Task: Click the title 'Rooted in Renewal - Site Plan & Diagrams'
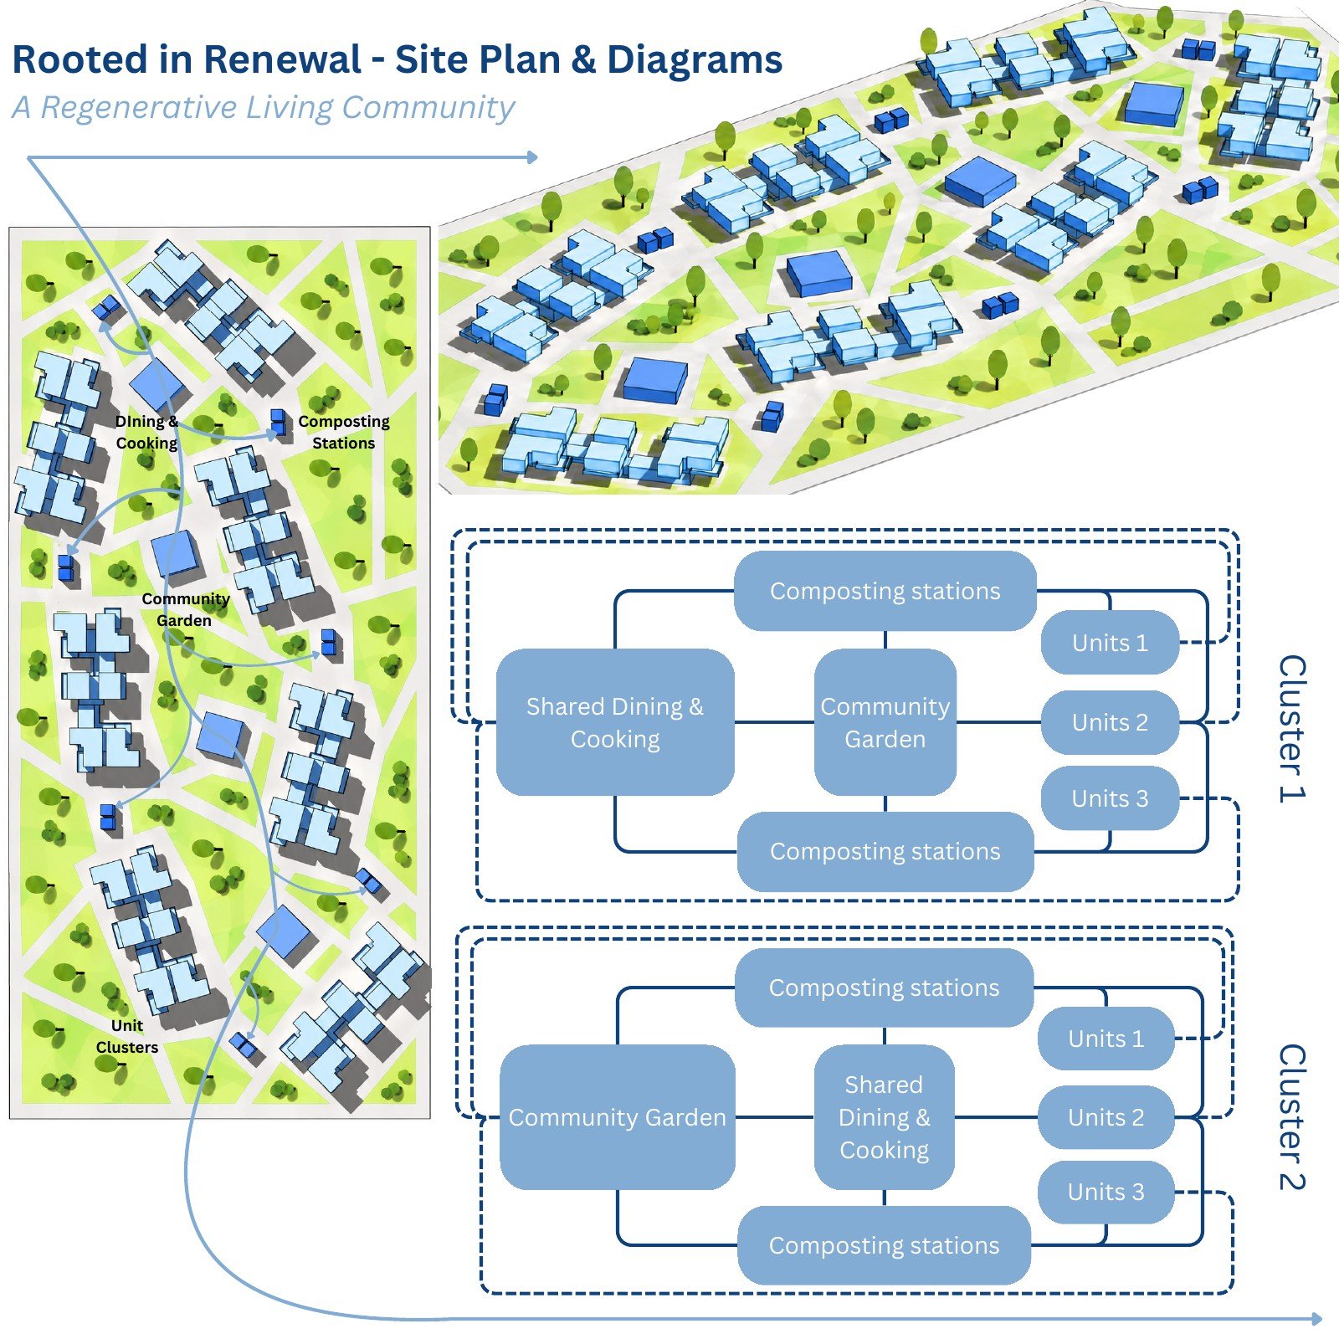[x=398, y=60]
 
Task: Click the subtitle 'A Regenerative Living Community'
[x=263, y=108]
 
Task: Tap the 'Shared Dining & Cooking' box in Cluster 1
[x=615, y=722]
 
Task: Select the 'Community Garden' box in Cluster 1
[x=885, y=722]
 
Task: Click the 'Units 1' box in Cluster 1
[x=1110, y=643]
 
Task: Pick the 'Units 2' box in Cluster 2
[x=1106, y=1117]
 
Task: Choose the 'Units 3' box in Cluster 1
[x=1110, y=798]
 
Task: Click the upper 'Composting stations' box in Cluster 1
[x=885, y=591]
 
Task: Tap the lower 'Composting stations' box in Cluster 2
[x=884, y=1245]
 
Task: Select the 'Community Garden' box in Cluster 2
[x=618, y=1117]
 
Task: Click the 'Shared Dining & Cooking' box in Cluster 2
[x=884, y=1117]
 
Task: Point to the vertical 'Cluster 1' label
[x=1292, y=729]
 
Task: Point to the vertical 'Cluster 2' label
[x=1292, y=1116]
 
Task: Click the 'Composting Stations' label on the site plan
[x=344, y=432]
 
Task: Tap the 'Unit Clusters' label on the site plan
[x=127, y=1036]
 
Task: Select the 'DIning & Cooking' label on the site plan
[x=146, y=432]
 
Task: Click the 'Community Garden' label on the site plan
[x=185, y=609]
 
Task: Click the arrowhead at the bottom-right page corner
[x=1316, y=1319]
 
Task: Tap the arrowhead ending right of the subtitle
[x=531, y=156]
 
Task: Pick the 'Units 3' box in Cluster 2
[x=1106, y=1192]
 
